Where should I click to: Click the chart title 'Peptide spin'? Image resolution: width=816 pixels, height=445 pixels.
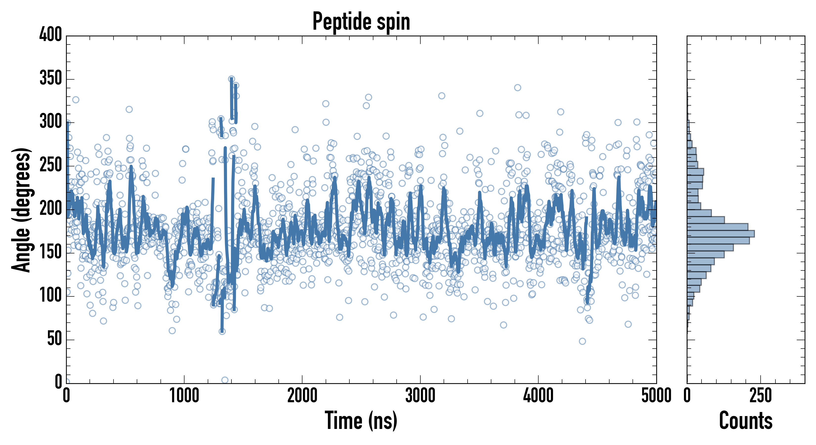[x=361, y=22]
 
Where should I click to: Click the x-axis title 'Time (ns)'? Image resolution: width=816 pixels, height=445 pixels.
[x=361, y=421]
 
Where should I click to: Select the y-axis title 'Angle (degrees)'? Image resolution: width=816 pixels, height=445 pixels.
[x=22, y=210]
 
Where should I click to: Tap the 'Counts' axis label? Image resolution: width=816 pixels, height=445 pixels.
[x=746, y=421]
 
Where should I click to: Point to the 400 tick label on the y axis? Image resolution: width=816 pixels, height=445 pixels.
[x=51, y=35]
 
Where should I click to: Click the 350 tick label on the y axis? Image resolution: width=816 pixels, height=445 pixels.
[x=51, y=79]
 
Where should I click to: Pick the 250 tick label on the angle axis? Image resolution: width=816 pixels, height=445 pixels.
[x=51, y=166]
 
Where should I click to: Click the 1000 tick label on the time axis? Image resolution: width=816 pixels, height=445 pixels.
[x=184, y=396]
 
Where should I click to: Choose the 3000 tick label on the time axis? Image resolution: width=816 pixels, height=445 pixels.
[x=420, y=396]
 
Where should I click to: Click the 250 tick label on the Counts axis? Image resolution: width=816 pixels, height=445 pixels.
[x=761, y=396]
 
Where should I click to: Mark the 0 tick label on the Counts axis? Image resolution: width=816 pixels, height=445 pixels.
[x=687, y=396]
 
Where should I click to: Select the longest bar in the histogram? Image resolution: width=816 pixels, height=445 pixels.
[x=721, y=234]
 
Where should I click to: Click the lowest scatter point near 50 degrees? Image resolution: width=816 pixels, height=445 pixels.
[x=582, y=341]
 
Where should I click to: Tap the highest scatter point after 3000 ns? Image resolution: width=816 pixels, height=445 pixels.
[x=518, y=88]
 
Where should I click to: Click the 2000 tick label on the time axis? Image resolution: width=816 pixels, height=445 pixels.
[x=302, y=396]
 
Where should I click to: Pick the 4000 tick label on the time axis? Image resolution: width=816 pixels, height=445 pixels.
[x=538, y=396]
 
